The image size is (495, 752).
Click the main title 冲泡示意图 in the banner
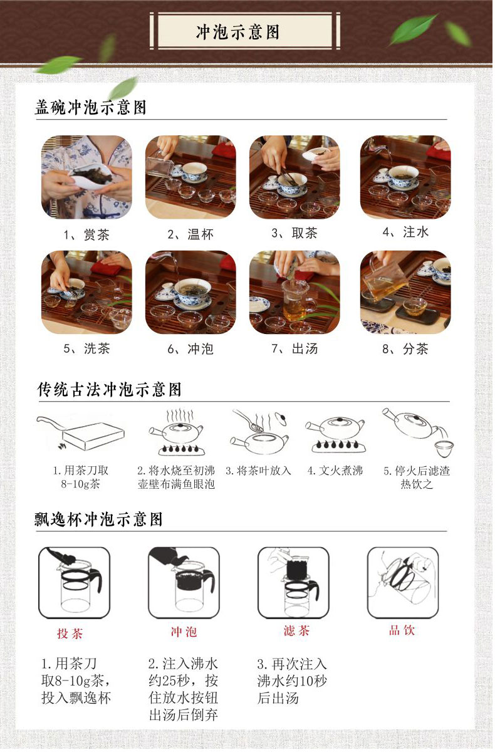tap(237, 32)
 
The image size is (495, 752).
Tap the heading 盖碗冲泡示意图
tap(91, 107)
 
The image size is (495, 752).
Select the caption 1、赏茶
tap(86, 234)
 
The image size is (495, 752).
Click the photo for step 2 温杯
tap(190, 177)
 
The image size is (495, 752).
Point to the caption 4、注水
tap(405, 232)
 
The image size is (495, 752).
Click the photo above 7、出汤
tap(294, 292)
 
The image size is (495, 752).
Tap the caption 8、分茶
tap(405, 349)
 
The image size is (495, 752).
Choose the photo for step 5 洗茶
tap(86, 292)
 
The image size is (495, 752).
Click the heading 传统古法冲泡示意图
tap(110, 390)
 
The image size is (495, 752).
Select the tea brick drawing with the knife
tap(81, 433)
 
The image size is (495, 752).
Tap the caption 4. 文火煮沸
tap(335, 471)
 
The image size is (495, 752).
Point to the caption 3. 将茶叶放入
tap(258, 471)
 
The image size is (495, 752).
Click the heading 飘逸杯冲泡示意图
tap(98, 520)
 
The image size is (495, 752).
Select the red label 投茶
tap(70, 634)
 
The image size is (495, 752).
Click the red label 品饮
tap(402, 630)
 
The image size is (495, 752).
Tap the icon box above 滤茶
tap(293, 583)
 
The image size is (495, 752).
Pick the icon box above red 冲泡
tap(184, 583)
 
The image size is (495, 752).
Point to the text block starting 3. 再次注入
tap(292, 681)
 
